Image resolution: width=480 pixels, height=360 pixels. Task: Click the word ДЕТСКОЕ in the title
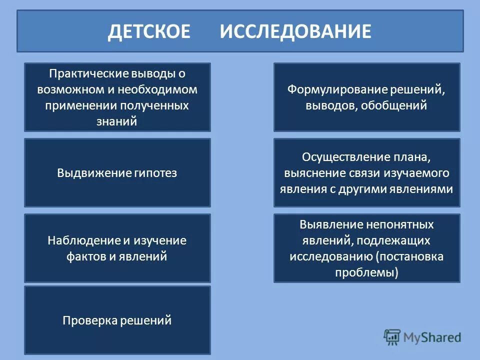[x=149, y=31]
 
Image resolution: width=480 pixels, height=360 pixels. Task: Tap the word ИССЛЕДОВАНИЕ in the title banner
[x=295, y=31]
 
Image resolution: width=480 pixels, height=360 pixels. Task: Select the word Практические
[x=88, y=74]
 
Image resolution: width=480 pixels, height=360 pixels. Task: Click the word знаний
[x=117, y=122]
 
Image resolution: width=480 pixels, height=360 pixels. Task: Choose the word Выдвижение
[x=94, y=173]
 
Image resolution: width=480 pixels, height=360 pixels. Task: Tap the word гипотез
[x=156, y=173]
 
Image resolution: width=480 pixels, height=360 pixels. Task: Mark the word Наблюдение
[x=83, y=240]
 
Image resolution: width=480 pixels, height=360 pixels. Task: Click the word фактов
[x=84, y=256]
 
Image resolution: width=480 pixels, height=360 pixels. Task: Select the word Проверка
[x=89, y=320]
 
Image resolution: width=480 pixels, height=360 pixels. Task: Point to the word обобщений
[x=400, y=106]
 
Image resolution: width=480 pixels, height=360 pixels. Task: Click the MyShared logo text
[x=432, y=337]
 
